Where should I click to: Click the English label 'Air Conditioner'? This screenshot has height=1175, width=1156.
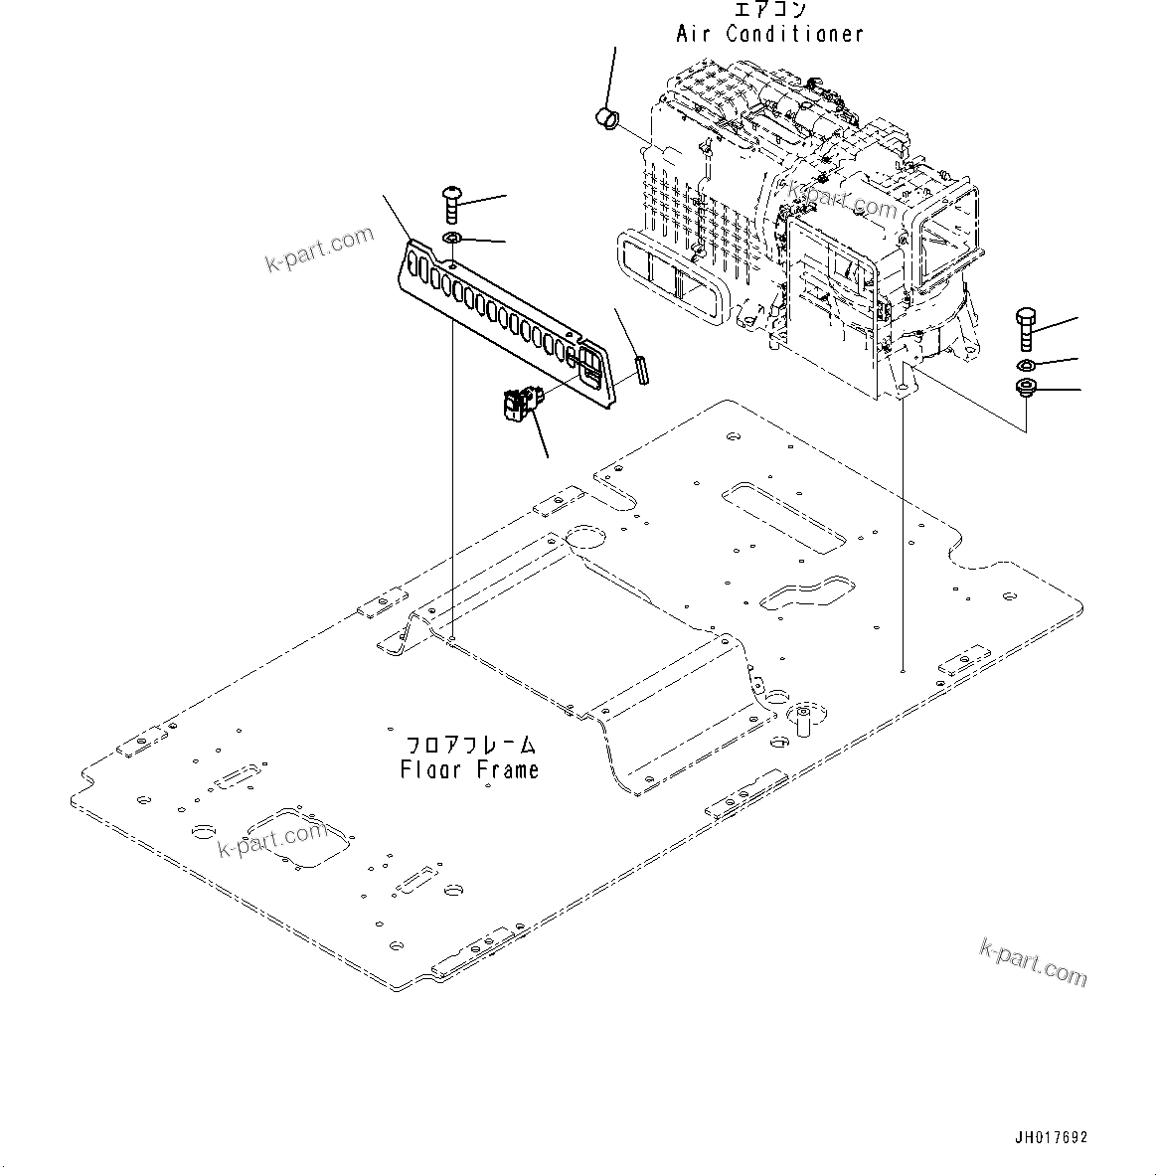click(x=769, y=34)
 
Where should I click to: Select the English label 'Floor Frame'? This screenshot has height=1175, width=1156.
click(x=470, y=769)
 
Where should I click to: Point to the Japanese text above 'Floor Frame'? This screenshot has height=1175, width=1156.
click(x=470, y=745)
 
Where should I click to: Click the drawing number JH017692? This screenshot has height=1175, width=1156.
click(x=1050, y=1137)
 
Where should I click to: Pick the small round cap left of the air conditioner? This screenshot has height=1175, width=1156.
click(x=605, y=120)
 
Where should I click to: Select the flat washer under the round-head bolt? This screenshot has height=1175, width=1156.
click(x=452, y=239)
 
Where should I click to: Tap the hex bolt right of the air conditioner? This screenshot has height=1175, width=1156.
click(x=1027, y=328)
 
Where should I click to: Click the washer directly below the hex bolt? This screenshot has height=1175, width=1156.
click(x=1027, y=364)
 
